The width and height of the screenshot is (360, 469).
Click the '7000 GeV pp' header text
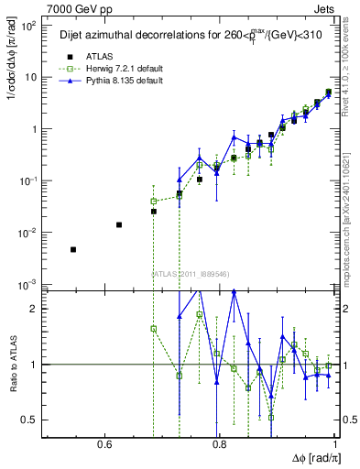point(72,8)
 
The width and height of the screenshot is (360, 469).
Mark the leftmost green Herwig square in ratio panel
point(153,328)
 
